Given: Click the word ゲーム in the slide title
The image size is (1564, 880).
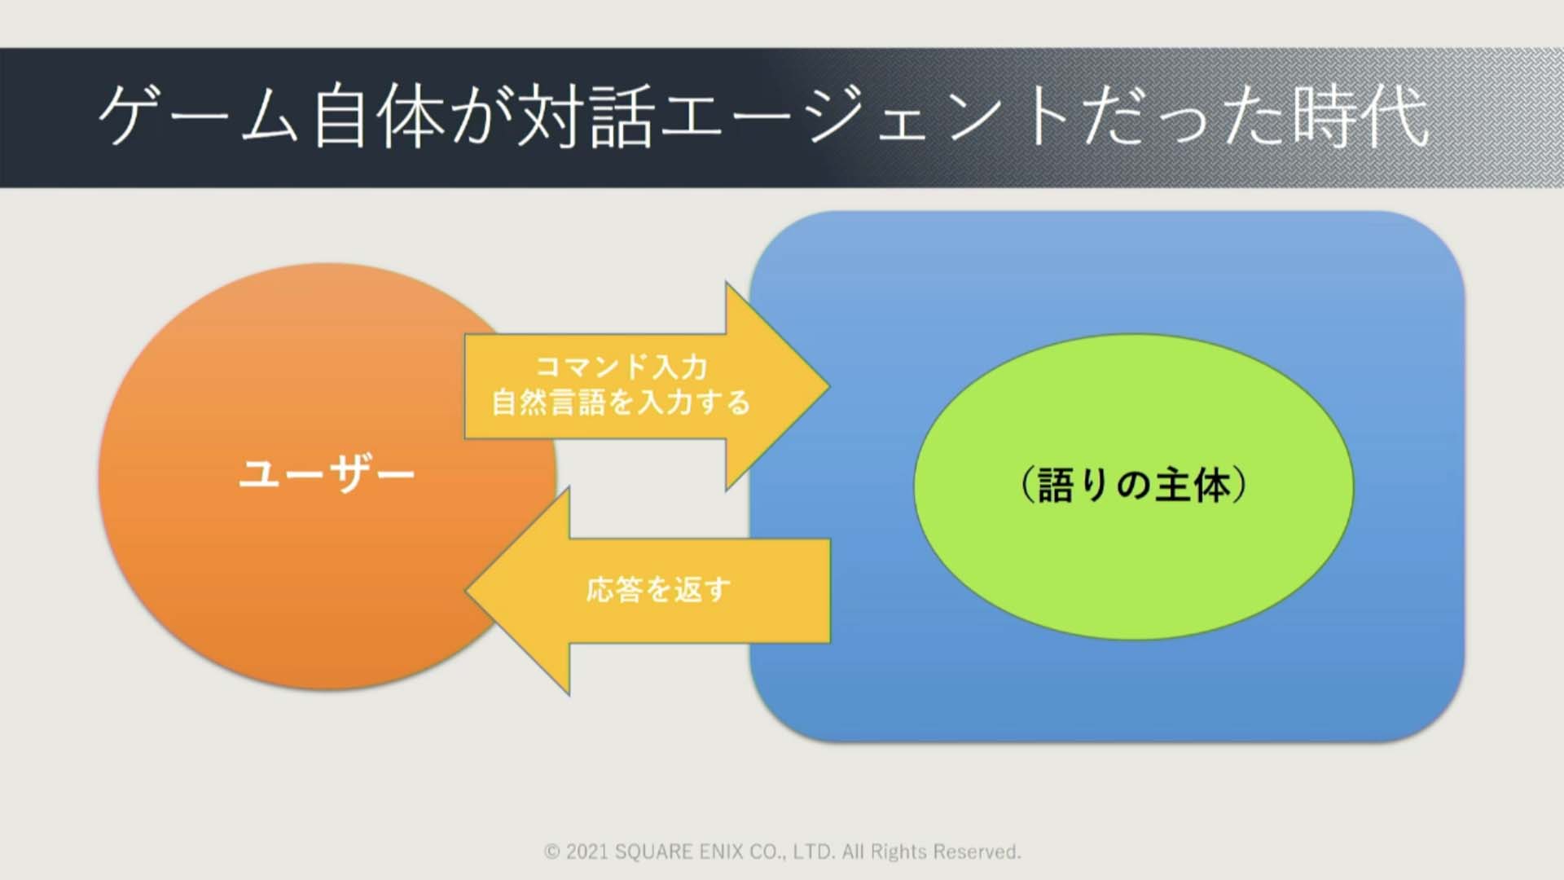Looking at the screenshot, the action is (198, 116).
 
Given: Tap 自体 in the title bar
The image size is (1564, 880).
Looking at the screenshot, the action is (379, 117).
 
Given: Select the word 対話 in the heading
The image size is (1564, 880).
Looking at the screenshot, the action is (585, 117).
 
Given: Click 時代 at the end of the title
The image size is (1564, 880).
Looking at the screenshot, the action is (1360, 117).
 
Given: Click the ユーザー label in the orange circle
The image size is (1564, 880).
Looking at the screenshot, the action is (327, 473).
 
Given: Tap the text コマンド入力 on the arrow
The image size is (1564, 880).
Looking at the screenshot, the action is (622, 367).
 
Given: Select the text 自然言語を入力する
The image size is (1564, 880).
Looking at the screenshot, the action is (621, 403).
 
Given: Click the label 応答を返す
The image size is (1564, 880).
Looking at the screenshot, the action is (658, 589).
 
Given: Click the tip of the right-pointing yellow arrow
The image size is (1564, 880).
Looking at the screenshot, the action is (829, 387).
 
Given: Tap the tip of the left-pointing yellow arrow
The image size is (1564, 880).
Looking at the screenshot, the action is (466, 590).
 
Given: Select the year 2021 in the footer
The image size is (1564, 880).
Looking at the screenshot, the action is (586, 852).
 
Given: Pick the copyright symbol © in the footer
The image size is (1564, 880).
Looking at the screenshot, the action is (552, 852).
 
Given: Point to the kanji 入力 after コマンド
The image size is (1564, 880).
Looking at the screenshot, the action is (679, 367).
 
